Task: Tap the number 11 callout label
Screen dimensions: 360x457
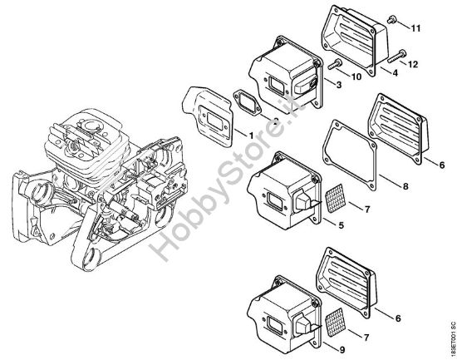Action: pyautogui.click(x=415, y=29)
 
